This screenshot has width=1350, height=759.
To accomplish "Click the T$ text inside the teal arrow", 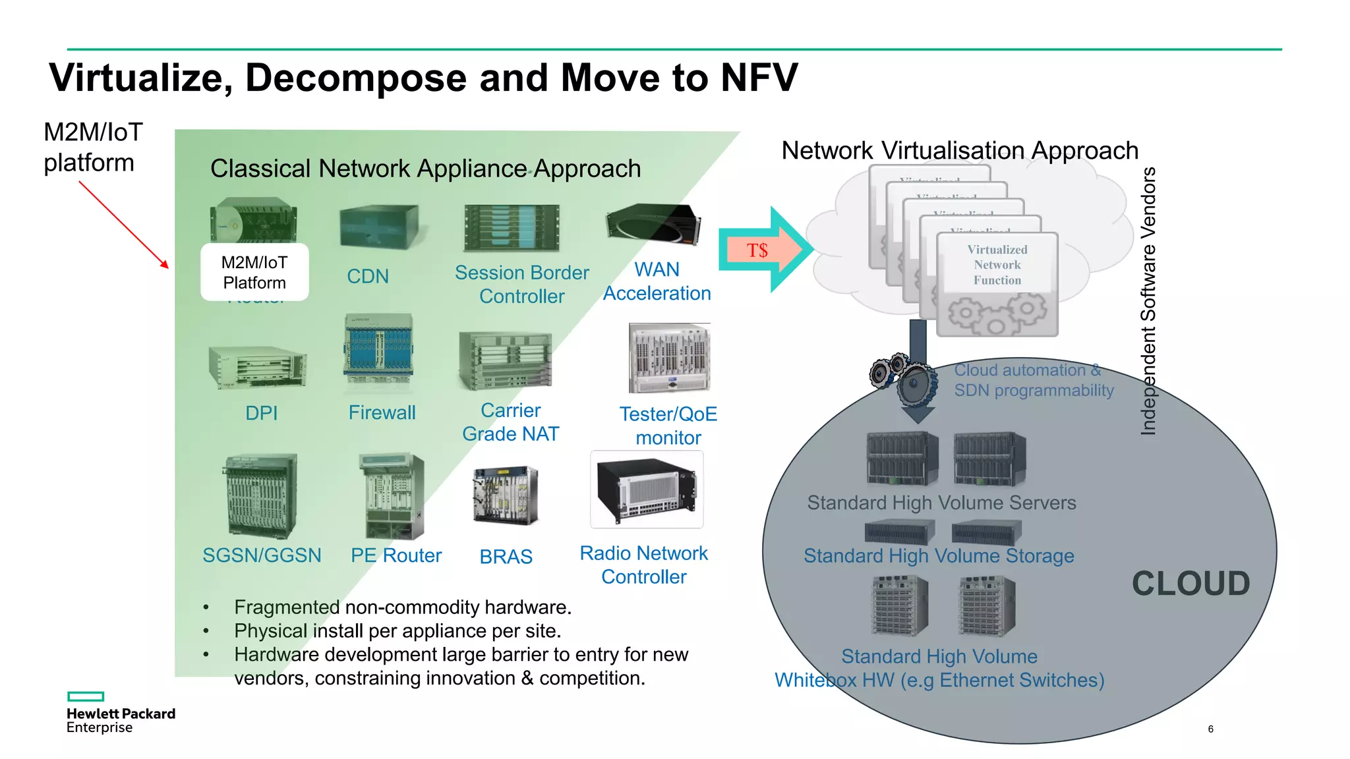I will [757, 250].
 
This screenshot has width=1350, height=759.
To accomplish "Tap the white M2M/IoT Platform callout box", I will [254, 272].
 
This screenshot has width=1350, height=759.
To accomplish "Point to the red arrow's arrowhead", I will [165, 264].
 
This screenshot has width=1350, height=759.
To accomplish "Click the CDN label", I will [368, 276].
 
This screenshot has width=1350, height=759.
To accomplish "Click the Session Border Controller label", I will [521, 284].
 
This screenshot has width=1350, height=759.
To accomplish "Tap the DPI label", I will [261, 413].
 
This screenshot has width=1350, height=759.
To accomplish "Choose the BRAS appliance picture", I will [505, 495].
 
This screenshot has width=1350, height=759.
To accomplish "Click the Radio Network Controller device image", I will [647, 490].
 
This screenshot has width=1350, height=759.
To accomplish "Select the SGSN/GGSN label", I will [262, 555].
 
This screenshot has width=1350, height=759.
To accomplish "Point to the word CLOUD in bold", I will [1190, 584].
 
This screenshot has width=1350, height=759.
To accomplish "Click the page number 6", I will [1210, 729].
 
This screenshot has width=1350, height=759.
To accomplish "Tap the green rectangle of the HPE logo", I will [86, 696].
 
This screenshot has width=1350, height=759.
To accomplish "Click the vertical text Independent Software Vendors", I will [1148, 301].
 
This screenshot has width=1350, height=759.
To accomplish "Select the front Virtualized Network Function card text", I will [997, 265].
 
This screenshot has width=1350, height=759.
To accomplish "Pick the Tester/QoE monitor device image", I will [669, 358].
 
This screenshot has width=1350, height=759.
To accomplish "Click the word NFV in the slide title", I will [759, 78].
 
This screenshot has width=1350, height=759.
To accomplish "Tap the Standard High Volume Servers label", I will [941, 503].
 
